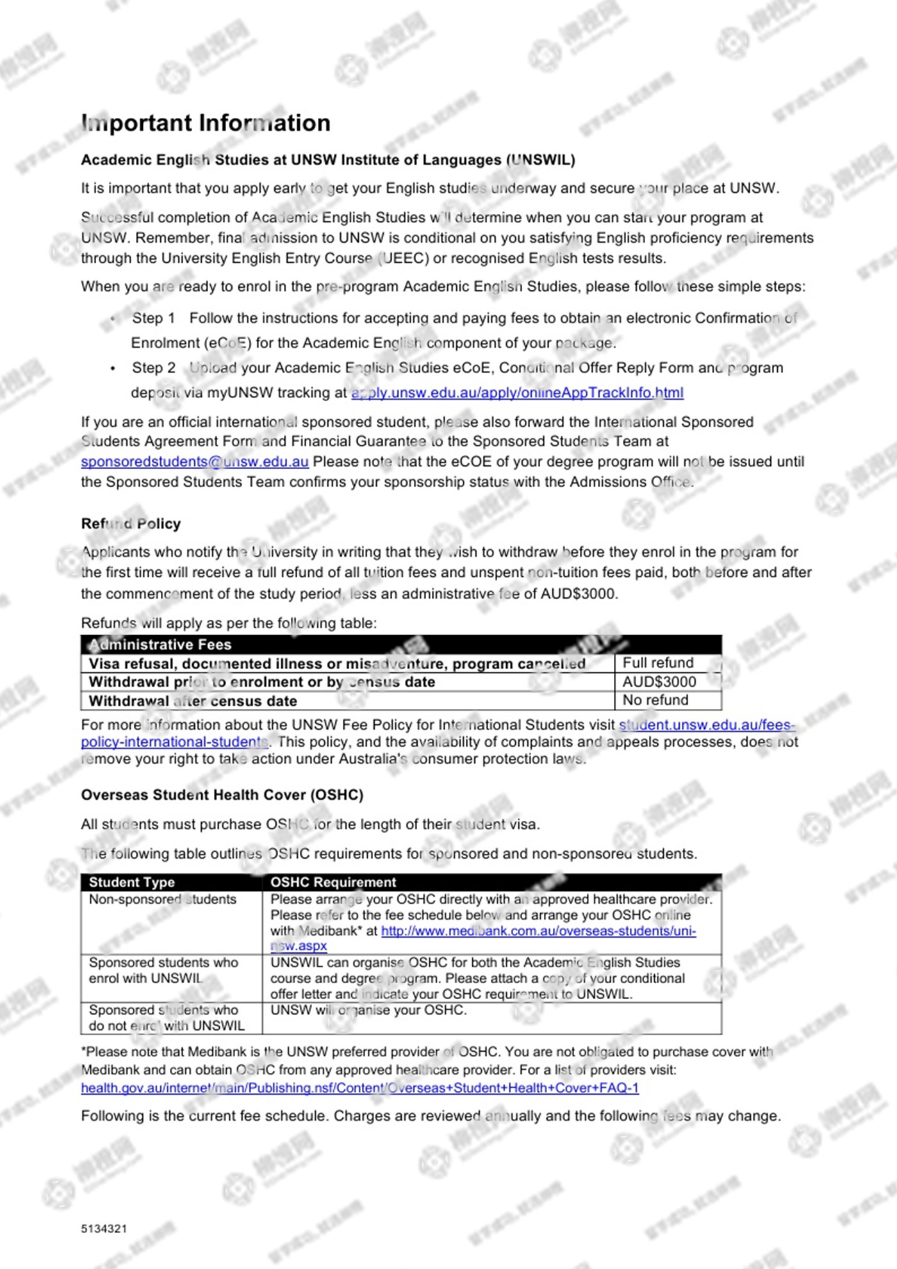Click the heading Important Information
click(x=206, y=123)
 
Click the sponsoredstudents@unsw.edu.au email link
click(x=195, y=461)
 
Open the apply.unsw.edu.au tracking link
click(x=517, y=392)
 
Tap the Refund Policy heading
click(x=131, y=524)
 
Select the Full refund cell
click(x=658, y=663)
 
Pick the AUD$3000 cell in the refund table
click(x=659, y=681)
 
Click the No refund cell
click(x=655, y=700)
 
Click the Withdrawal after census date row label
click(x=192, y=701)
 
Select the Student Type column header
click(x=131, y=882)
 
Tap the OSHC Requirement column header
click(x=333, y=882)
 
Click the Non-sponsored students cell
click(x=163, y=899)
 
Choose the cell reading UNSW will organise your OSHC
click(x=368, y=1010)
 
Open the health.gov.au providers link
click(x=359, y=1088)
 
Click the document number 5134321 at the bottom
click(x=104, y=1229)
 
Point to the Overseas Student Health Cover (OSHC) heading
click(x=222, y=795)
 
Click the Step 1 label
click(x=153, y=318)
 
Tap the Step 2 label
click(x=153, y=368)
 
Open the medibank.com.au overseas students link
click(x=538, y=931)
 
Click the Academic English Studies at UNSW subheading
click(x=327, y=160)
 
